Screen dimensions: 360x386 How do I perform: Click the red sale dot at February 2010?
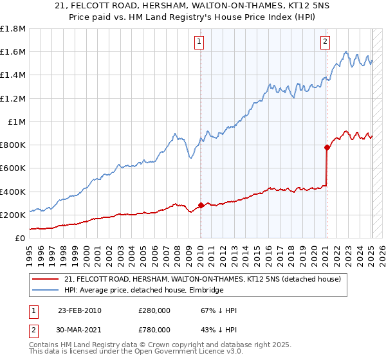(201, 206)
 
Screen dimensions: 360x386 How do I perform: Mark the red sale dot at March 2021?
(327, 147)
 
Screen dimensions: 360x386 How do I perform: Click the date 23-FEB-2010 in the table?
(79, 311)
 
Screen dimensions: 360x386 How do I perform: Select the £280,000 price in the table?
(154, 311)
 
